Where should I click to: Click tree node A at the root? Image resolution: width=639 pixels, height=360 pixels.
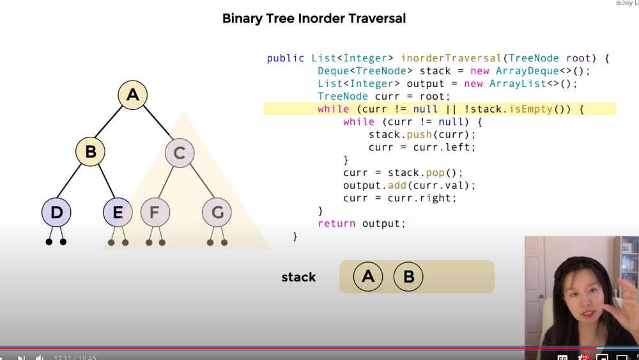pos(133,95)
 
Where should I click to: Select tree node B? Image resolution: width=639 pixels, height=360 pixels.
pos(90,152)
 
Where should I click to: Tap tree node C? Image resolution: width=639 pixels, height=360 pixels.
pos(180,153)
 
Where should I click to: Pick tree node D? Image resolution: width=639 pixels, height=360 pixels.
pos(56,212)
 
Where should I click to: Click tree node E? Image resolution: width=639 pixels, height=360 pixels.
pos(118,212)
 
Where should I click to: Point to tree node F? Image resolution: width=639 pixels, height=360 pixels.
pos(155,212)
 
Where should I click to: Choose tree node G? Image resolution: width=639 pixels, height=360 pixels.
pos(217,212)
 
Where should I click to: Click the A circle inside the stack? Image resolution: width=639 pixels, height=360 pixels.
pos(368,276)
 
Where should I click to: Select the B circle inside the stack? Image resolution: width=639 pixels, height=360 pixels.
pos(408,277)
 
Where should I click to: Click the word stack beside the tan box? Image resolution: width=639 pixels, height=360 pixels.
pos(298,278)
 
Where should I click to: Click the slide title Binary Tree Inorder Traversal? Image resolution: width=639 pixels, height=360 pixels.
pos(314,19)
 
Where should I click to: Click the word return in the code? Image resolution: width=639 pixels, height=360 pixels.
pos(337,224)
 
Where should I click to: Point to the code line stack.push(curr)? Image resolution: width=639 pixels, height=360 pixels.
pos(422,135)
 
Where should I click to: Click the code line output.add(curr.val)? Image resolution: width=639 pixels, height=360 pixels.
pos(409,185)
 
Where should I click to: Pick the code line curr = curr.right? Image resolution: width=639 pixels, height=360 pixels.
pos(400,198)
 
